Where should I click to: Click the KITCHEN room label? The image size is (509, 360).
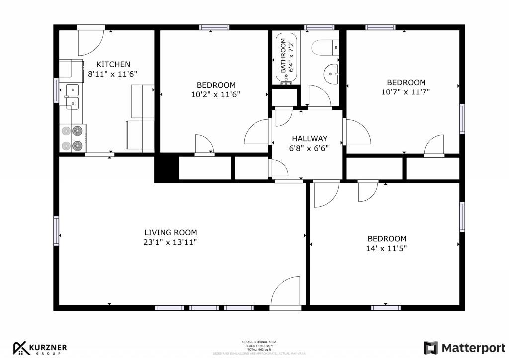click(113, 64)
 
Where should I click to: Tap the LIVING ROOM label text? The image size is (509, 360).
click(170, 232)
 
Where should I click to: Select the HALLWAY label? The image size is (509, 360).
click(309, 138)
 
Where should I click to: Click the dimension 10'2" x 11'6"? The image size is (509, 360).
click(216, 94)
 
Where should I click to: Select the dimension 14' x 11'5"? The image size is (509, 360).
click(387, 248)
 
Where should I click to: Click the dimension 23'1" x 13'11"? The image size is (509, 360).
click(170, 242)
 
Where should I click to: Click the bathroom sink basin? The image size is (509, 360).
click(331, 75)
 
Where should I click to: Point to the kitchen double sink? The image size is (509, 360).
click(72, 96)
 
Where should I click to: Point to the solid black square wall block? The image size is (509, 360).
click(166, 169)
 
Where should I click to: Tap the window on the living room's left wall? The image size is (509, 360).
click(56, 231)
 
